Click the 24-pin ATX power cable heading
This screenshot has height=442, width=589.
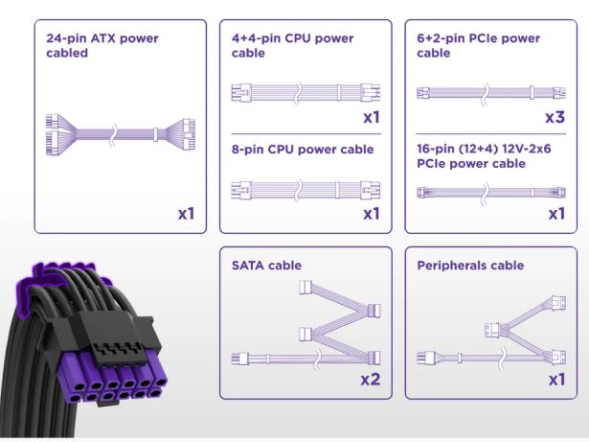102,46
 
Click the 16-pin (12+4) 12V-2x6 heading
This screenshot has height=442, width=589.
476,157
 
